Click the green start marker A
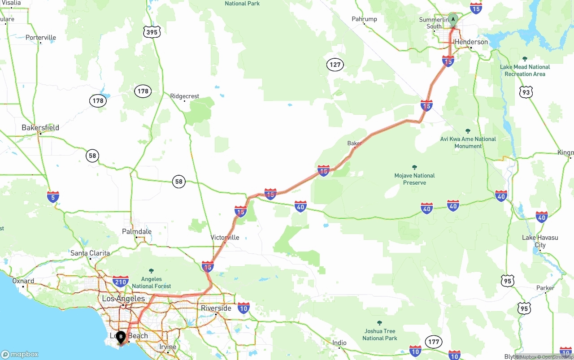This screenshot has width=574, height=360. (x=453, y=20)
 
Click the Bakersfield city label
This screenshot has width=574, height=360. (x=40, y=128)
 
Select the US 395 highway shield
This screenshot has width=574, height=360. (x=152, y=32)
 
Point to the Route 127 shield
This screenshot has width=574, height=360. (x=335, y=65)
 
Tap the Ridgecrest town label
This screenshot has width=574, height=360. (x=185, y=96)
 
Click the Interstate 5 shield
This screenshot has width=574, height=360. (x=53, y=196)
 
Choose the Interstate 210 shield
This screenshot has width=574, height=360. (x=120, y=281)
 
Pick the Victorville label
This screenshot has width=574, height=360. (x=225, y=238)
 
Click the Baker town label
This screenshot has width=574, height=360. (x=354, y=143)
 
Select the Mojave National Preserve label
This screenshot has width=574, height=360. (x=414, y=179)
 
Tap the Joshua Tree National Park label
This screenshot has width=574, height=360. (x=379, y=334)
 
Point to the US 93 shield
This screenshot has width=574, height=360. (x=526, y=92)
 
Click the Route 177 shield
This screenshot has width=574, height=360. (x=433, y=342)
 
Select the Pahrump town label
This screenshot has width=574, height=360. (x=364, y=19)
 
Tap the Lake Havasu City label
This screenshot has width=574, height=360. (x=540, y=241)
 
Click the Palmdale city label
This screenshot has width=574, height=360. (x=137, y=232)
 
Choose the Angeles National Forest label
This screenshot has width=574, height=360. (x=151, y=282)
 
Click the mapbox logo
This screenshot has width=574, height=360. (x=20, y=354)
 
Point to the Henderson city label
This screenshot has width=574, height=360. (x=471, y=42)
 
